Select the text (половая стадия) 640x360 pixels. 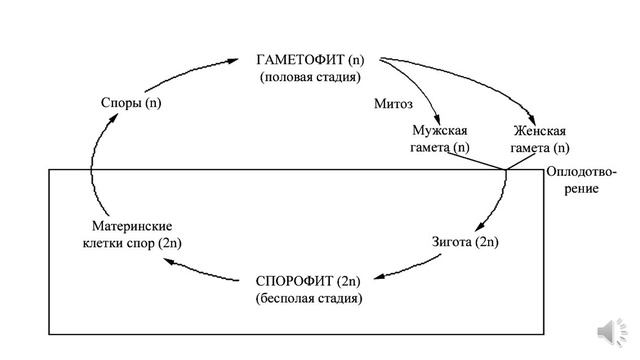coord(309,76)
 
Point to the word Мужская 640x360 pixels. coord(440,131)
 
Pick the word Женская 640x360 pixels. coord(539,131)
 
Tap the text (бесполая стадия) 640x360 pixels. coord(309,297)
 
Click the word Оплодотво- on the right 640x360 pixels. coord(581,172)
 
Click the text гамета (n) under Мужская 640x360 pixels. coord(440,148)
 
